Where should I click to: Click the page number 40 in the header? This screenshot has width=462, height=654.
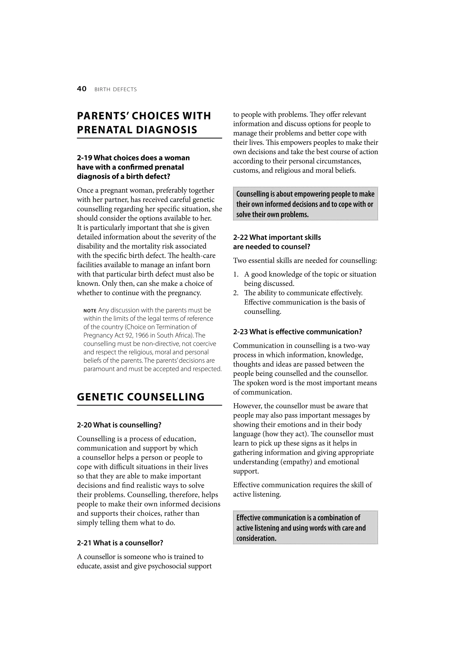[x=81, y=89]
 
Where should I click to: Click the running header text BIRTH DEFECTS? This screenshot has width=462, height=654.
[x=115, y=89]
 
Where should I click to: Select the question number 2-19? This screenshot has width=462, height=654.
[x=84, y=158]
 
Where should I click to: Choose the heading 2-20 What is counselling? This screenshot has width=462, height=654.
[x=119, y=425]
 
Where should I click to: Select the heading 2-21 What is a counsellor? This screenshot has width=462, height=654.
[x=120, y=543]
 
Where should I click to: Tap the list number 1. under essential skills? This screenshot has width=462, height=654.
[x=236, y=274]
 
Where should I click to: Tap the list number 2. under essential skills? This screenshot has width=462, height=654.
[x=236, y=293]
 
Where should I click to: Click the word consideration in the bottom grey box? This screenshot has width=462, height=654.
[x=256, y=538]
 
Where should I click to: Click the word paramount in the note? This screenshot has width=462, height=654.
[x=98, y=369]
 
